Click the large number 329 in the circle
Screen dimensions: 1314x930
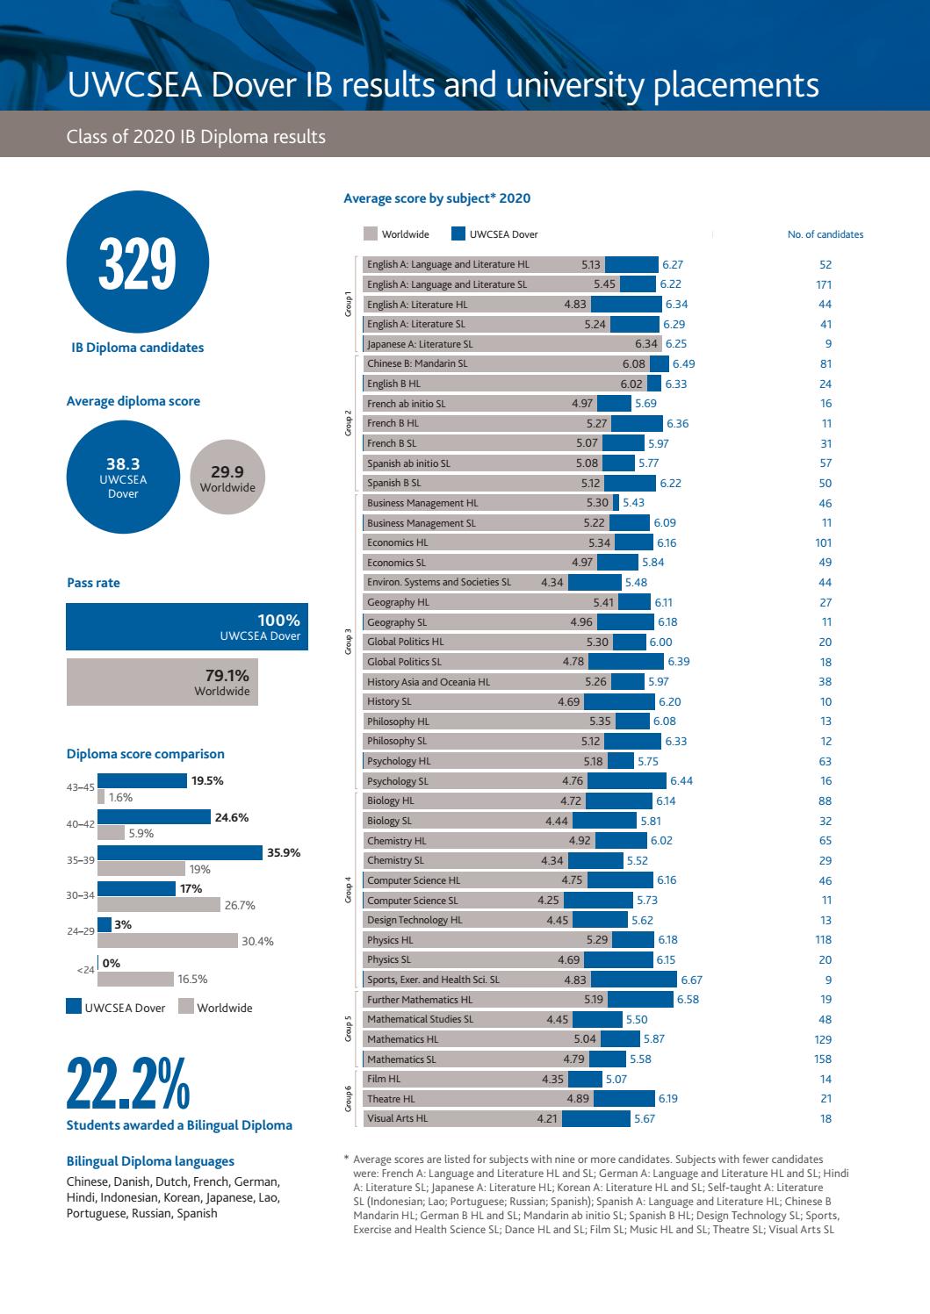coord(137,263)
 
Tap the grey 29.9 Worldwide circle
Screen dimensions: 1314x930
coord(227,478)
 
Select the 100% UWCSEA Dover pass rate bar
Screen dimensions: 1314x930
coord(187,627)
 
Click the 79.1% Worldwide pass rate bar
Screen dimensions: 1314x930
coord(163,683)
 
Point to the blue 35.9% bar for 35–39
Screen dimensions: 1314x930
coord(180,852)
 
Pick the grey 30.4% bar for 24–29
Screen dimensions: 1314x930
coord(167,940)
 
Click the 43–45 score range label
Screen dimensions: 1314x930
coord(80,788)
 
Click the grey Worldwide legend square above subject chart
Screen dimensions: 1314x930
coord(371,234)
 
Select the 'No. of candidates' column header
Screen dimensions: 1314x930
coord(825,234)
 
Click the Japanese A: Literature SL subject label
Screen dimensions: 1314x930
coord(420,344)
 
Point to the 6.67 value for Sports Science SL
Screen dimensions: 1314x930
coord(691,980)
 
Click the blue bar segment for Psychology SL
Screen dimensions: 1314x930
coord(626,780)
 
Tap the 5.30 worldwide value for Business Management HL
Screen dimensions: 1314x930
coord(597,503)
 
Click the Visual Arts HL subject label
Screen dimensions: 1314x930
coord(397,1118)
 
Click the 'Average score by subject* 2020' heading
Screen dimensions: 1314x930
coord(436,198)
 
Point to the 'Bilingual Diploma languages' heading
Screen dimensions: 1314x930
coord(150,1160)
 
